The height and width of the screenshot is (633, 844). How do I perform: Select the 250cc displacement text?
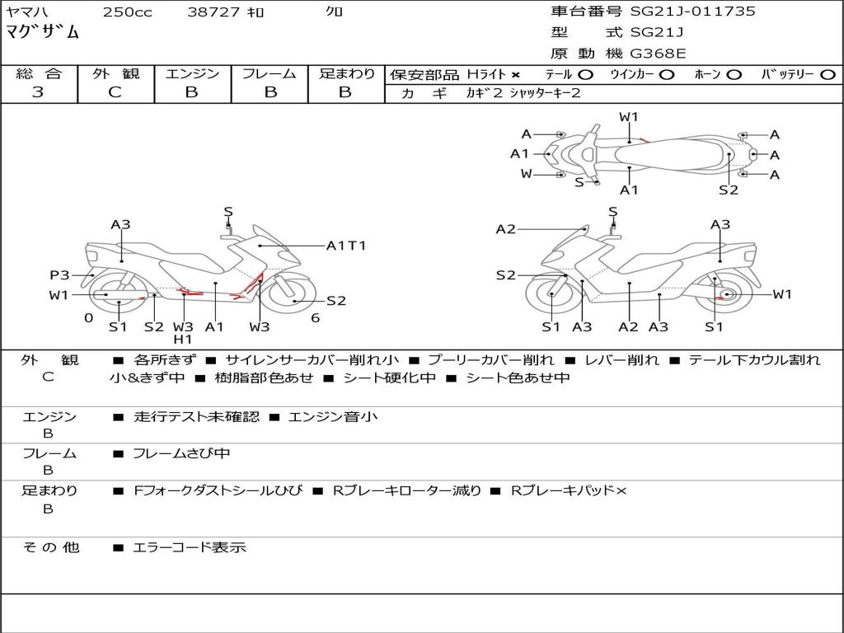127,12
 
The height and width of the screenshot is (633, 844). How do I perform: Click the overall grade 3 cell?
38,92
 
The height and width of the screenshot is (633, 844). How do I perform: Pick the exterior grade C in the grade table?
115,92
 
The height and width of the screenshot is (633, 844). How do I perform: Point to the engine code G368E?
658,54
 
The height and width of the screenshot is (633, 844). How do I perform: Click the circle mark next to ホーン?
734,75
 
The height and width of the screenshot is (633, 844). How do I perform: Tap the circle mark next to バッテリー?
828,75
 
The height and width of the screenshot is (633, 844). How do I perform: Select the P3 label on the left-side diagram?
59,275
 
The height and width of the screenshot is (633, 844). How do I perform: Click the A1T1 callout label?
346,246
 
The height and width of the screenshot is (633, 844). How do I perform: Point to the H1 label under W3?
183,339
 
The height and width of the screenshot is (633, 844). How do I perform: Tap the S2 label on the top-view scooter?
728,190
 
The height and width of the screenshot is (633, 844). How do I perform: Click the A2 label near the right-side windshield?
505,229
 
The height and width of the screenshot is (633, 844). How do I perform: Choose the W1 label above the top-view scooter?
629,117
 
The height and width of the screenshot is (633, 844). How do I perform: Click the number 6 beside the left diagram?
315,318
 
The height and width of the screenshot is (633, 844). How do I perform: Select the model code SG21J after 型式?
657,33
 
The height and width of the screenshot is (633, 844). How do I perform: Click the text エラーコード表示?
190,547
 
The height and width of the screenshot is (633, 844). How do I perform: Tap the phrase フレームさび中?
181,453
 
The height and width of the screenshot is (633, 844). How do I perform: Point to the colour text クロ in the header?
334,12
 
